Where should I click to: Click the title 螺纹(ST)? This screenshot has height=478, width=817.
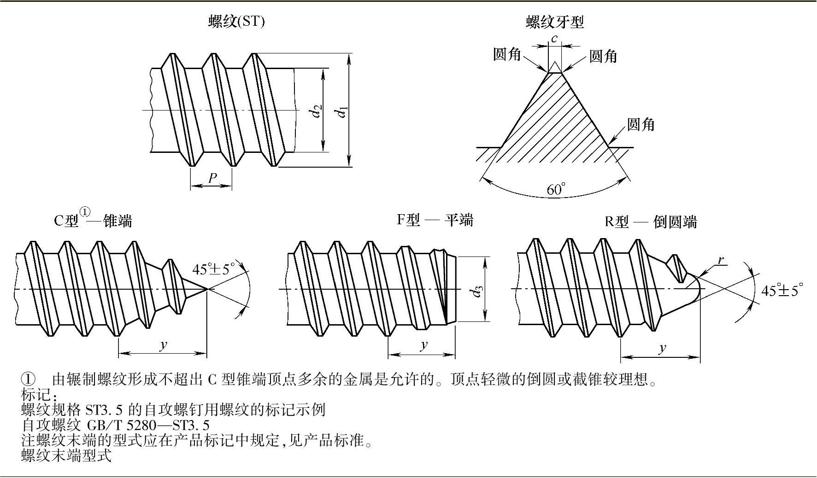click(x=236, y=22)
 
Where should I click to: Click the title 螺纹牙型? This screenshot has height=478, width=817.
click(x=555, y=22)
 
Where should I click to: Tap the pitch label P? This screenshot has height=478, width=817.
click(x=212, y=178)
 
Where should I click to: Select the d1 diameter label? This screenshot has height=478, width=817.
click(x=342, y=111)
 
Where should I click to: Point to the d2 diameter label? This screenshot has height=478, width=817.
click(x=317, y=111)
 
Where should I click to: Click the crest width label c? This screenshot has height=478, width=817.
click(x=554, y=39)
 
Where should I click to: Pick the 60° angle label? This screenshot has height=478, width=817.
click(x=556, y=189)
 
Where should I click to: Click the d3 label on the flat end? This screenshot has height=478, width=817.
click(x=478, y=291)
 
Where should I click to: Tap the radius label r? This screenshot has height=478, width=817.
click(x=721, y=261)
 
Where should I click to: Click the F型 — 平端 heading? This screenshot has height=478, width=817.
click(x=435, y=220)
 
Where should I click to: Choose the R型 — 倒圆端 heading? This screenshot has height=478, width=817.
click(x=651, y=222)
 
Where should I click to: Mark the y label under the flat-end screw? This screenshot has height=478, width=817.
click(x=424, y=345)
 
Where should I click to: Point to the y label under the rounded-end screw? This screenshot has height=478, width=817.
click(x=662, y=348)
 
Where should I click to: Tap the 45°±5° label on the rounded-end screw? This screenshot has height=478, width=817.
click(x=782, y=291)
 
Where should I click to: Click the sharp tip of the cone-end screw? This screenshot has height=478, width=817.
click(x=207, y=289)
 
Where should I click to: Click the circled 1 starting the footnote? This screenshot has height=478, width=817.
click(x=28, y=379)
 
